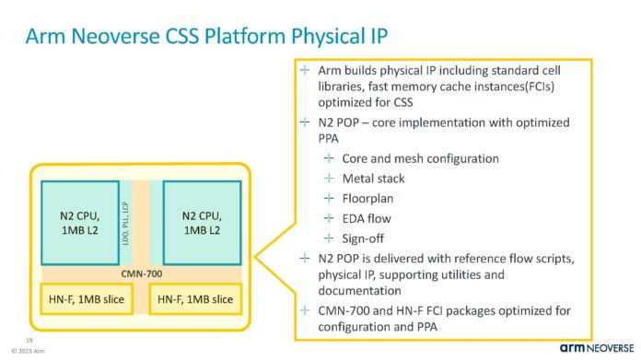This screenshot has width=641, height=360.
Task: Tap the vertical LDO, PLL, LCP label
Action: pyautogui.click(x=139, y=221)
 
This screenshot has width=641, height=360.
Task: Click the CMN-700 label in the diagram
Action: pyautogui.click(x=139, y=273)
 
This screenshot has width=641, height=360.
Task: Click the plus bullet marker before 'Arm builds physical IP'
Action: pyautogui.click(x=306, y=71)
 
